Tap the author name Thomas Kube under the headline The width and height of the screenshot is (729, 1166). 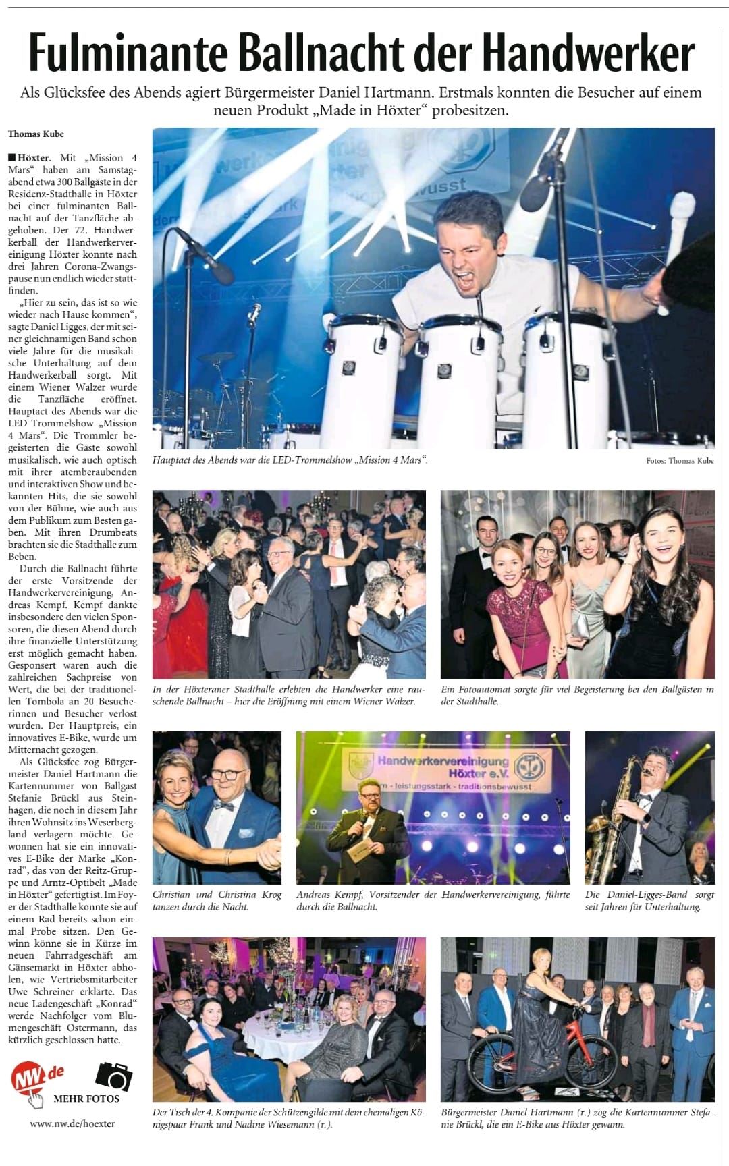coord(36,134)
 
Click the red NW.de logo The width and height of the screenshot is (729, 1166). coord(37,1078)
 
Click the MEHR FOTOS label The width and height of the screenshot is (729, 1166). coord(86,1099)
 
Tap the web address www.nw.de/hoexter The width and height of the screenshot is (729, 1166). coord(72,1123)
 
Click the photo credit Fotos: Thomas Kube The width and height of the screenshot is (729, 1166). coord(680,460)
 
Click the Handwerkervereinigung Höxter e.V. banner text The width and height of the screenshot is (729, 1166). coord(442,765)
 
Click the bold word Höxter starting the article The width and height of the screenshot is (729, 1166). coord(33,157)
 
